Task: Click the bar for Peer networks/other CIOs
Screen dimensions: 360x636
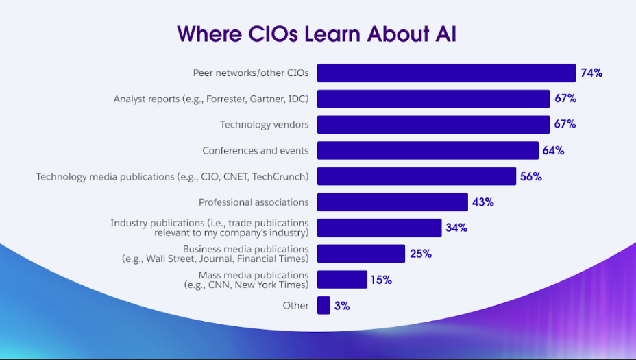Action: [445, 73]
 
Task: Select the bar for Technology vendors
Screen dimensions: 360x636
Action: [433, 125]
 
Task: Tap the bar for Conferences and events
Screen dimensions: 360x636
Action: [428, 150]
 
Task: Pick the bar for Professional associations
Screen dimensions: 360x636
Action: [392, 202]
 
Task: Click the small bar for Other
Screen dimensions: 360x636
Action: [323, 306]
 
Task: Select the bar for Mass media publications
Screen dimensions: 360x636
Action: [342, 280]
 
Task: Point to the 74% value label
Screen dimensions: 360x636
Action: [591, 73]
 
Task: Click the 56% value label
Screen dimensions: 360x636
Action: [531, 176]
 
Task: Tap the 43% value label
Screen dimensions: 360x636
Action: [482, 202]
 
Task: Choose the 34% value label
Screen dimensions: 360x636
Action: [456, 228]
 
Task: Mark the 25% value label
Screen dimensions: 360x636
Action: [420, 254]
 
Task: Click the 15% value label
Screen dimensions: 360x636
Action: [381, 280]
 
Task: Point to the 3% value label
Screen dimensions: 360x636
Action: [342, 306]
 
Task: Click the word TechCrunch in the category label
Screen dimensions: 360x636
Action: [280, 176]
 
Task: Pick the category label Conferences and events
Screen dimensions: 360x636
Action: [255, 150]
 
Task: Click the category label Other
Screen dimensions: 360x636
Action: [295, 306]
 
